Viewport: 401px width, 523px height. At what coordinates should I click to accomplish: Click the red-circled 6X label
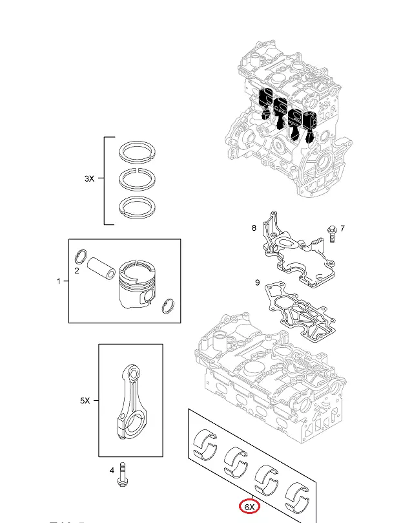(249, 507)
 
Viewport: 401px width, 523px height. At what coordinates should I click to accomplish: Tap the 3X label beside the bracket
(90, 179)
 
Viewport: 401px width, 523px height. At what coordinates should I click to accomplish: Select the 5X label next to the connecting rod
(85, 401)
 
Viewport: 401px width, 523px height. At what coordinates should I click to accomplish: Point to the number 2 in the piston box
(77, 270)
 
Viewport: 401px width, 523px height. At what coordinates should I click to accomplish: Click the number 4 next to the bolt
(112, 470)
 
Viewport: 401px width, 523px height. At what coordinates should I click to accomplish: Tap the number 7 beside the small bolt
(343, 228)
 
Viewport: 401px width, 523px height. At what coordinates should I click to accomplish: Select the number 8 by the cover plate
(254, 228)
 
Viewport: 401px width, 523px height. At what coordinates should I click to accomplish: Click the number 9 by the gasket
(258, 283)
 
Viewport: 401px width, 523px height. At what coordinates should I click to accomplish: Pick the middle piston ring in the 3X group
(138, 178)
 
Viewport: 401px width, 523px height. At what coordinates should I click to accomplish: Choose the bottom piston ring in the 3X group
(138, 205)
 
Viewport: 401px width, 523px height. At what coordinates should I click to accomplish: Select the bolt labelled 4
(122, 476)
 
